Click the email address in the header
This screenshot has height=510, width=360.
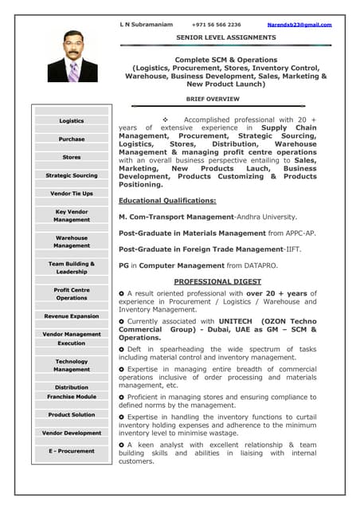pyautogui.click(x=299, y=25)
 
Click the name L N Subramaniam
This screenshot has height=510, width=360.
pyautogui.click(x=146, y=25)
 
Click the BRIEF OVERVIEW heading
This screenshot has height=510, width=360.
pyautogui.click(x=213, y=99)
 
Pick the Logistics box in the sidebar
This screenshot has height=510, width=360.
pyautogui.click(x=72, y=121)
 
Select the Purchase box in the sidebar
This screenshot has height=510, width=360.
pyautogui.click(x=72, y=139)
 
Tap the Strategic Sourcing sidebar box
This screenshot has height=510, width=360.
pyautogui.click(x=72, y=175)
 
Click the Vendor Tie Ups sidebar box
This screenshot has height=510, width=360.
pyautogui.click(x=72, y=194)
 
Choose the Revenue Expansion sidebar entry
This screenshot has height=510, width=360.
pyautogui.click(x=72, y=316)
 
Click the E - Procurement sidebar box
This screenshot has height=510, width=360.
pyautogui.click(x=72, y=451)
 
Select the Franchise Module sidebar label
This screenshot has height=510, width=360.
pyautogui.click(x=72, y=396)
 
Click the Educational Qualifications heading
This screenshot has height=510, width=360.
pyautogui.click(x=167, y=201)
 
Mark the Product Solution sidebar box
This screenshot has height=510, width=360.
pyautogui.click(x=72, y=414)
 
